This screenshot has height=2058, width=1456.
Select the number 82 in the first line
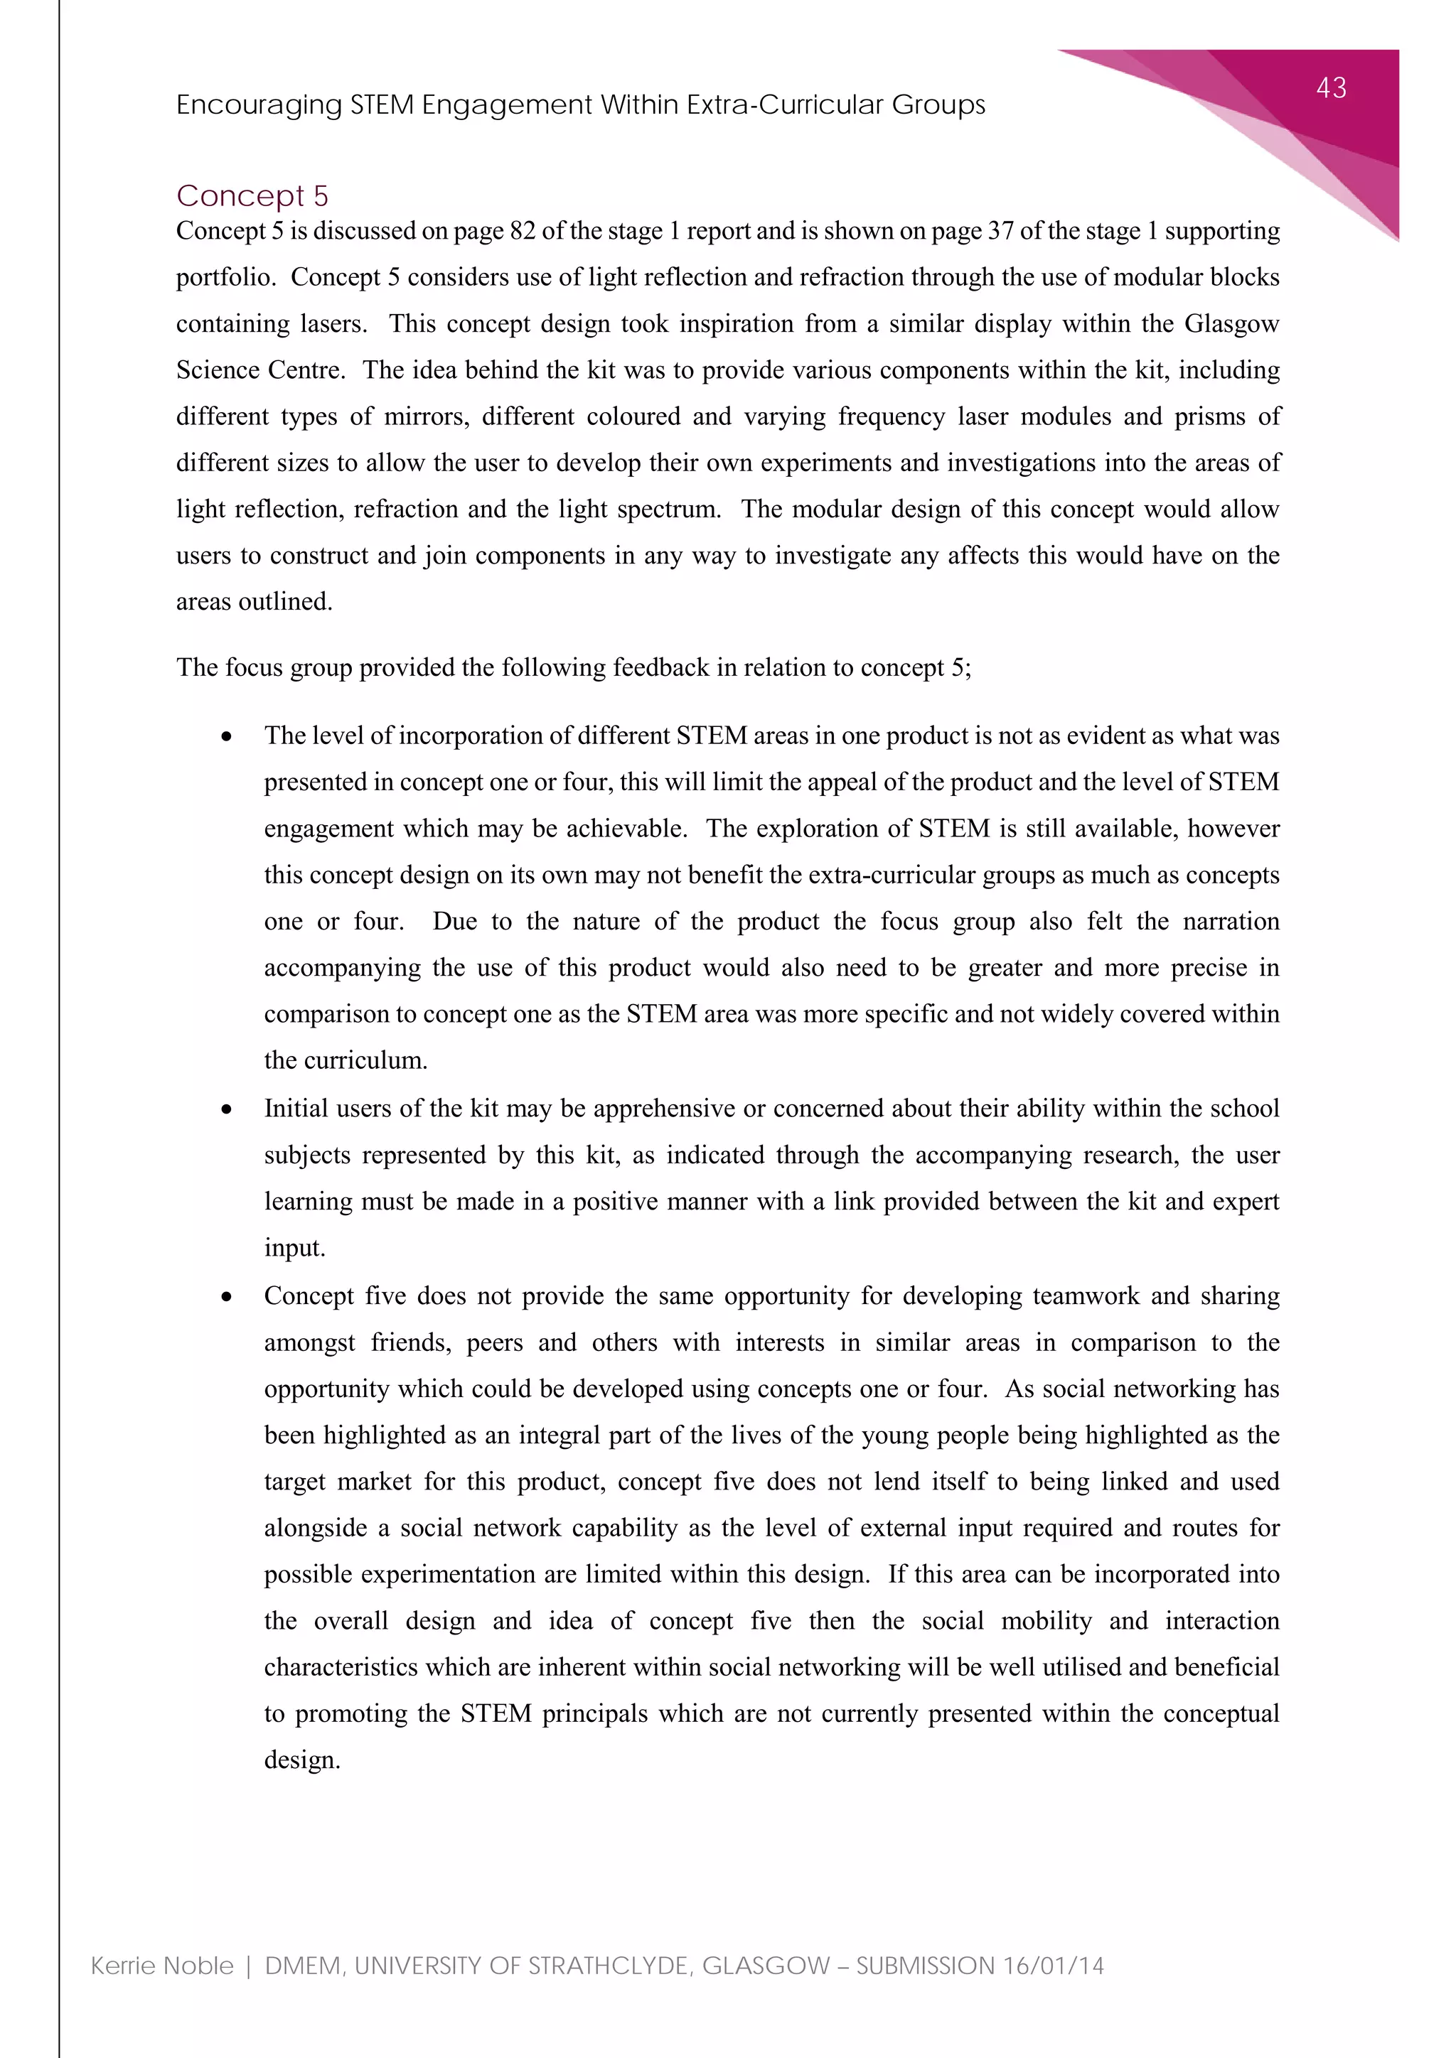click(522, 231)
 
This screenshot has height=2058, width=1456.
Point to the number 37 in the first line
click(1000, 231)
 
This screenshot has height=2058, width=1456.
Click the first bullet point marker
click(227, 737)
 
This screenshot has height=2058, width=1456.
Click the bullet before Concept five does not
click(227, 1297)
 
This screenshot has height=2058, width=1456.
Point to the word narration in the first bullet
click(1230, 922)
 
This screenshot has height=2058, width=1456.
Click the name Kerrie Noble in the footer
click(162, 1966)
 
